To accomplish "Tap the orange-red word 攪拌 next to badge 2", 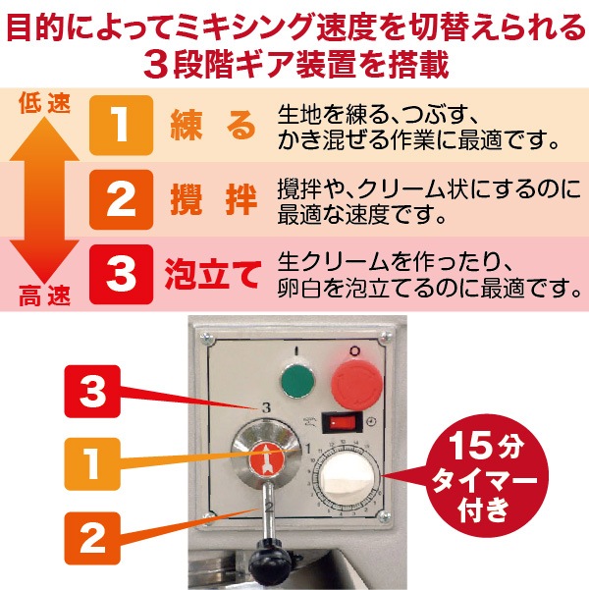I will [213, 201].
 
